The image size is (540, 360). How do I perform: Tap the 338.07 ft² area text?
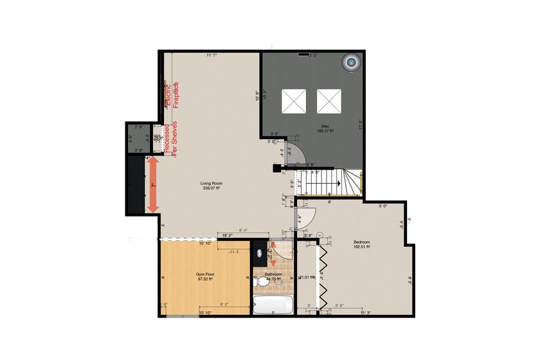pyautogui.click(x=212, y=189)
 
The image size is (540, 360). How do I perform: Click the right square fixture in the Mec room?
pyautogui.click(x=328, y=100)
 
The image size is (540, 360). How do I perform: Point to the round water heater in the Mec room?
pyautogui.click(x=352, y=62)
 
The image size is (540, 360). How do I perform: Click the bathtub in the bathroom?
pyautogui.click(x=273, y=304)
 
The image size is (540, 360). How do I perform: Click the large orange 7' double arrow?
pyautogui.click(x=153, y=185)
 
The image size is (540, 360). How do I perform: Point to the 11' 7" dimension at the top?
pyautogui.click(x=212, y=56)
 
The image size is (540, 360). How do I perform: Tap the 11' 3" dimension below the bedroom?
pyautogui.click(x=365, y=313)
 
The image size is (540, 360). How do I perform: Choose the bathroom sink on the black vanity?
pyautogui.click(x=260, y=253)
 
